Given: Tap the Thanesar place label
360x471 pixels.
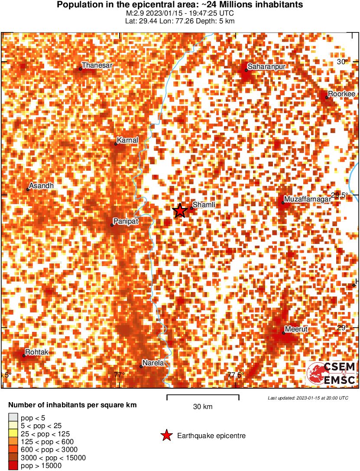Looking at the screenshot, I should tap(97, 65).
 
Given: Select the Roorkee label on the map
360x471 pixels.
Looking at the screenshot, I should tap(341, 94).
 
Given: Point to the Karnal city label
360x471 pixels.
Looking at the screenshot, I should tap(127, 140).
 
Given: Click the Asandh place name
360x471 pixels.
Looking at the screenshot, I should tap(42, 186).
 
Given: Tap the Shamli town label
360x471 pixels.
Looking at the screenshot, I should tap(204, 205).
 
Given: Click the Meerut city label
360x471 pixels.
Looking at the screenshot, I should tap(296, 329).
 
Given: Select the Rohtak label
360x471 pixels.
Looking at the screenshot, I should tap(37, 352).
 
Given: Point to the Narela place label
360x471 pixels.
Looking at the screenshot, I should tap(154, 363).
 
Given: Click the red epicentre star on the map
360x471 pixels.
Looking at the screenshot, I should tap(180, 211).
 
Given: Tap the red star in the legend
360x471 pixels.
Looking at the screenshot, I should tap(165, 435).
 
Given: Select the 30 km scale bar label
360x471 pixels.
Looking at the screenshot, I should tap(203, 407).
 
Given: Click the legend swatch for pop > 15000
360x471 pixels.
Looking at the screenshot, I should tap(13, 466).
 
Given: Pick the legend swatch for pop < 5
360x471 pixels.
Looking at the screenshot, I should tap(13, 418).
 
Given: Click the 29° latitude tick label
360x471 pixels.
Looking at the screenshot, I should tap(343, 328).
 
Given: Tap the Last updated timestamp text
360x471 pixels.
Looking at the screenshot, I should tap(308, 398).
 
